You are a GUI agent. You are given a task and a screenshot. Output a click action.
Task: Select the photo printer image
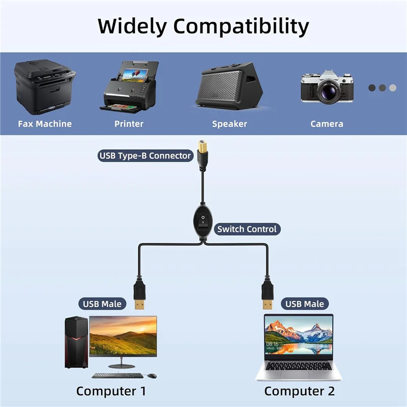(x=130, y=86)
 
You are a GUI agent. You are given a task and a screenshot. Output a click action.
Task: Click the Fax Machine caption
(x=45, y=124)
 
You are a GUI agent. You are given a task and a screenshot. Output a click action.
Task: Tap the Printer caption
(x=129, y=124)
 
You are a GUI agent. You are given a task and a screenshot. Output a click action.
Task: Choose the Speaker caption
(x=229, y=124)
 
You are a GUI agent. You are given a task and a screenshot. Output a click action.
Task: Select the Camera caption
(x=327, y=124)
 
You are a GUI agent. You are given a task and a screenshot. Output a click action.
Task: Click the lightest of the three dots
(x=393, y=88)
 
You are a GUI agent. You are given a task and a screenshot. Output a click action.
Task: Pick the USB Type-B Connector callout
(x=145, y=156)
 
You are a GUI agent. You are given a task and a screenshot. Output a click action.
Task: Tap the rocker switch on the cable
(x=203, y=221)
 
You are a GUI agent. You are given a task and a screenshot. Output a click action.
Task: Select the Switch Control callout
(x=247, y=229)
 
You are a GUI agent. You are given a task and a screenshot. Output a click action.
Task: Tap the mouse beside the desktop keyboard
(x=152, y=375)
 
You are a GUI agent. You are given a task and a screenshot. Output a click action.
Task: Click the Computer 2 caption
(x=299, y=391)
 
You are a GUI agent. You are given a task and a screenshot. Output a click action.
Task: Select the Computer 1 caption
(x=111, y=391)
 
